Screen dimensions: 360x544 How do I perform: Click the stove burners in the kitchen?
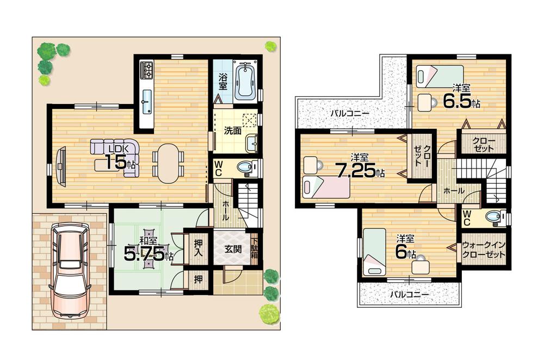(x=147, y=69)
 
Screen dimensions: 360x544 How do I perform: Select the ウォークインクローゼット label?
(x=484, y=250)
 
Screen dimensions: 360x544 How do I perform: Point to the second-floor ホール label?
(x=454, y=191)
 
